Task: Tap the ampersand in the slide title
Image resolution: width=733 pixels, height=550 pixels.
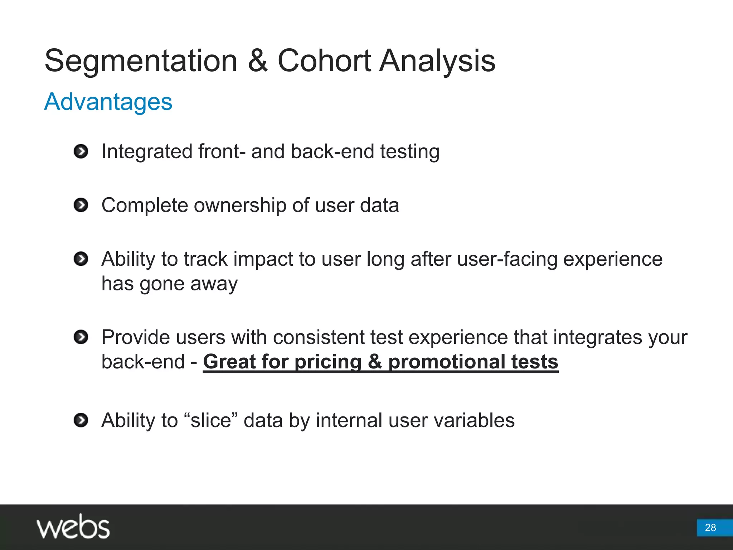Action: [257, 61]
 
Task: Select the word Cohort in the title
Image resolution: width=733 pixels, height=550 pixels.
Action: [324, 61]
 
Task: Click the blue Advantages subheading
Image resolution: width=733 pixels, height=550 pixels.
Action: [108, 102]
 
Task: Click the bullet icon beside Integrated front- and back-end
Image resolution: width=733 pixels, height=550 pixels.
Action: [81, 151]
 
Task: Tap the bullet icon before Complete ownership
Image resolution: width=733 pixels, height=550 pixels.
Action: [81, 205]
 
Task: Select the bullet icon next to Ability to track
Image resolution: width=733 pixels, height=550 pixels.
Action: [81, 259]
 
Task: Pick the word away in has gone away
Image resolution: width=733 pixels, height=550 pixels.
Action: [214, 284]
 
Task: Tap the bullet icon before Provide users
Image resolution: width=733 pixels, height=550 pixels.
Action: [81, 337]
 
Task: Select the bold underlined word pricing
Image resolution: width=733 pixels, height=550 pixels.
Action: [328, 362]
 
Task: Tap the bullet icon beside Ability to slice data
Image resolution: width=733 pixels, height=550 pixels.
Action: [81, 420]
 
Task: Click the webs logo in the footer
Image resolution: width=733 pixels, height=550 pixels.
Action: [73, 527]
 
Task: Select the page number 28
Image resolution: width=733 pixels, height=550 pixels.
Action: [710, 527]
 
